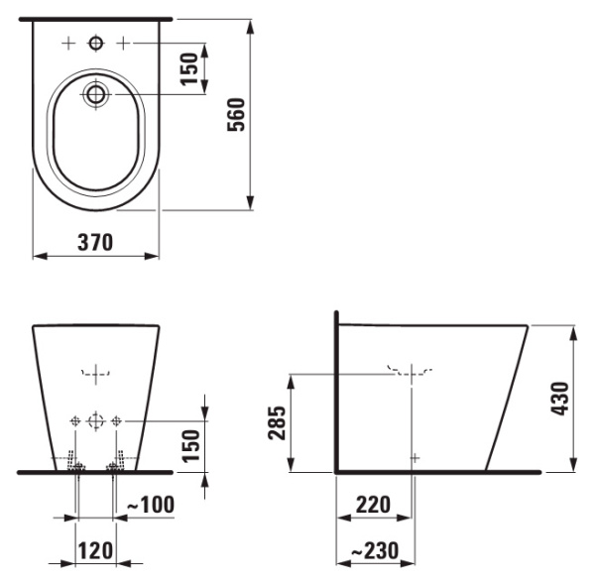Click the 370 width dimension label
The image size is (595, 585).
(95, 241)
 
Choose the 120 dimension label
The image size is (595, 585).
(95, 549)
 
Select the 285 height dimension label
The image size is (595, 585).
(275, 423)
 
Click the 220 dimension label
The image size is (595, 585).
(373, 505)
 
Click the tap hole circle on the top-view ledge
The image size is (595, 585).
(96, 43)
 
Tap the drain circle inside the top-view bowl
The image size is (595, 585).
(96, 95)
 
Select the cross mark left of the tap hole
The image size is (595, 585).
(67, 43)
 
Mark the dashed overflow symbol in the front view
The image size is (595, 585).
(95, 374)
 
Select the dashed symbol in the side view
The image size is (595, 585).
(411, 373)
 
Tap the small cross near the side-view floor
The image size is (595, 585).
(415, 457)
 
